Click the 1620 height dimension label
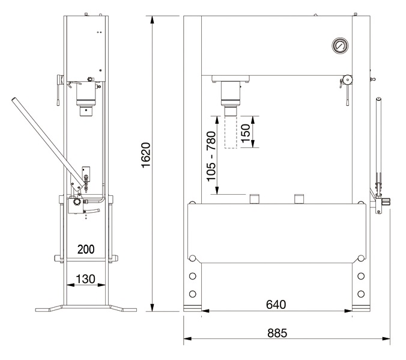tap(146, 155)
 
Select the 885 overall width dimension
tap(277, 333)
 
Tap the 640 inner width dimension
tap(276, 305)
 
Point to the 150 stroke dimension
tap(246, 133)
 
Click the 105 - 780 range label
tap(211, 156)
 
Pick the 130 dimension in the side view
tap(85, 279)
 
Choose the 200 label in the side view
tap(86, 249)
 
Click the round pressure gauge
tap(340, 46)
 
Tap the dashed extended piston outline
tap(231, 132)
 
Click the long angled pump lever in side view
tap(47, 144)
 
